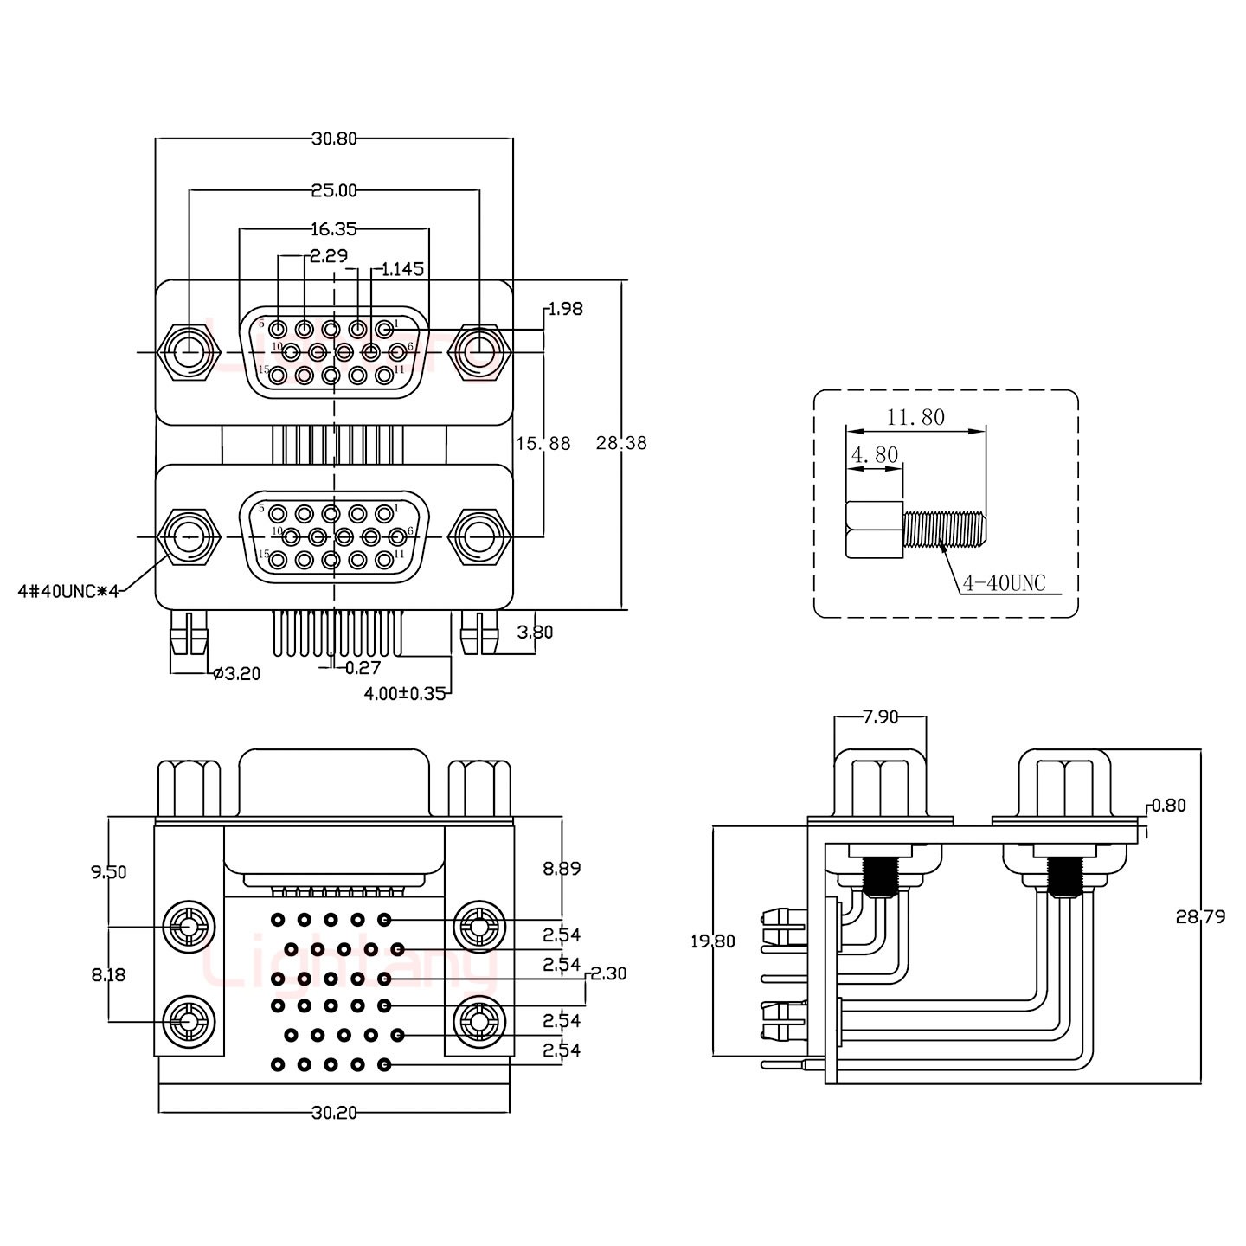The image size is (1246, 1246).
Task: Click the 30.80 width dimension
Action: click(334, 138)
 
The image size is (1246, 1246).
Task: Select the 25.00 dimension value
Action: click(334, 189)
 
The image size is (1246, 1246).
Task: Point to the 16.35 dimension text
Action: click(334, 229)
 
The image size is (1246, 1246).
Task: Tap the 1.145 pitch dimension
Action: click(402, 269)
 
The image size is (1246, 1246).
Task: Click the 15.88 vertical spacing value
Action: click(543, 444)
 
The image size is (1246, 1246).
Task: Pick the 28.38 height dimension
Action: click(621, 444)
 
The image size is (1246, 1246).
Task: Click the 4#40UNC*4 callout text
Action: click(67, 592)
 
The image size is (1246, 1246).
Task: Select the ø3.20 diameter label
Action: click(235, 673)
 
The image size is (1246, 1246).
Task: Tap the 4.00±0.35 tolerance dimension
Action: click(404, 693)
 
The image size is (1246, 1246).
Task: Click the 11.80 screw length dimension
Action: click(915, 418)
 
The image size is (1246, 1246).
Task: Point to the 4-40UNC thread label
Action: click(1004, 584)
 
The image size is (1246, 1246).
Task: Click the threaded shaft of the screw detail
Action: click(944, 529)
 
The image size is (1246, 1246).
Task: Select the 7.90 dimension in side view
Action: click(880, 716)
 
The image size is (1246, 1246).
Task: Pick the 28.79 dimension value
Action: click(1200, 916)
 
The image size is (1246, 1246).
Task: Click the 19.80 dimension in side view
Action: click(712, 941)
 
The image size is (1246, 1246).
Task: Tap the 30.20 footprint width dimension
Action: click(334, 1113)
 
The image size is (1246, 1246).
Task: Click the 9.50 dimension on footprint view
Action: click(109, 872)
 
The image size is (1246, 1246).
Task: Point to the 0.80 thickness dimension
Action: click(1169, 806)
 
